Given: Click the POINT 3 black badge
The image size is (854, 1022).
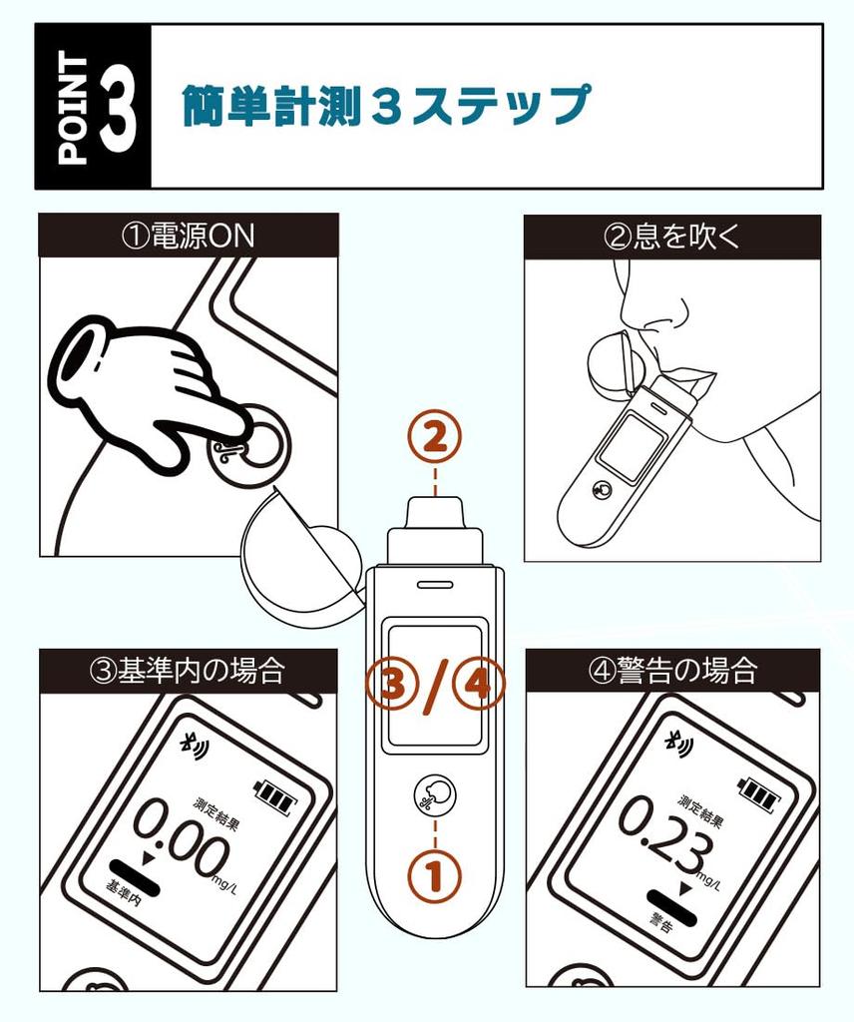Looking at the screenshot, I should (94, 107).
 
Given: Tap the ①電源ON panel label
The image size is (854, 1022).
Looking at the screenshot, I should (188, 236).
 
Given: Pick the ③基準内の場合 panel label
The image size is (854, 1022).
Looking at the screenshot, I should (188, 670).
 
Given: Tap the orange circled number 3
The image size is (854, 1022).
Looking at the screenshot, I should (393, 686).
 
